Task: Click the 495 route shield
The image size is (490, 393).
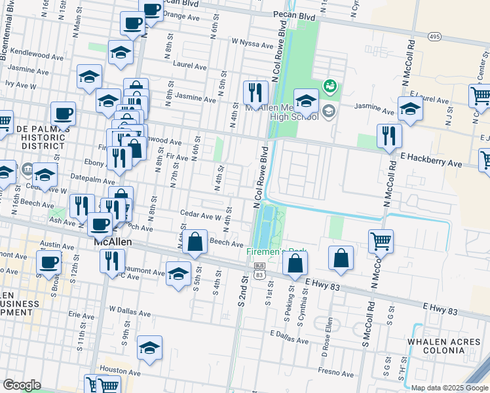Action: click(434, 37)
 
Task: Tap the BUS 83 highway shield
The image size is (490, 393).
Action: click(259, 270)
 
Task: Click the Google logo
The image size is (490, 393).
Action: click(22, 385)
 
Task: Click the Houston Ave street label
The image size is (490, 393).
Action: click(111, 370)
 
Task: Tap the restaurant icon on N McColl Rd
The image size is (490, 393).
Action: click(389, 136)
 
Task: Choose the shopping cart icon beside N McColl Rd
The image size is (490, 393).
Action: click(381, 241)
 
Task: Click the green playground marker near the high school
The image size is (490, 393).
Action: click(330, 85)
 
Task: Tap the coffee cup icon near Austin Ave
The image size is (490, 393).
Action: click(50, 263)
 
